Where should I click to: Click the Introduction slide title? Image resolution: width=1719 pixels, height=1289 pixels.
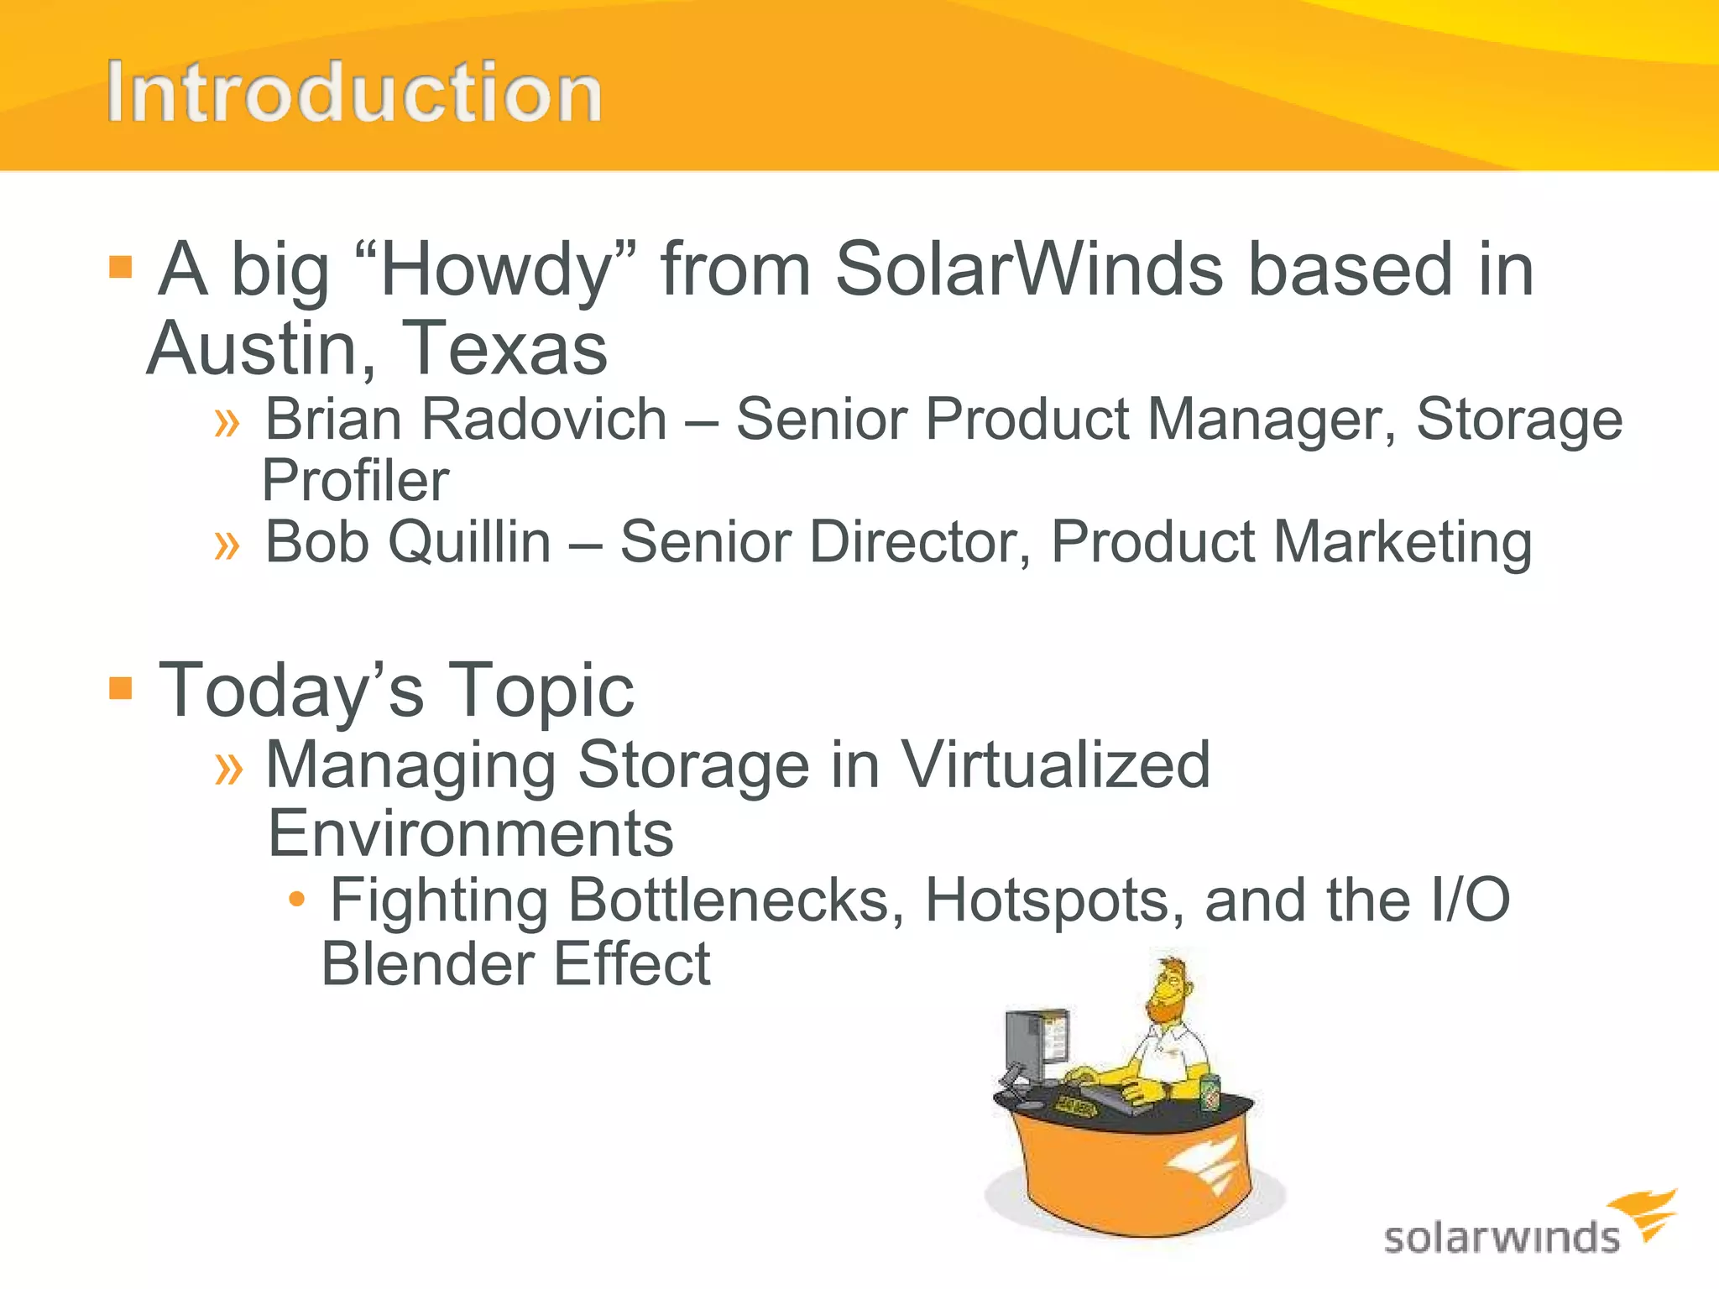pos(353,92)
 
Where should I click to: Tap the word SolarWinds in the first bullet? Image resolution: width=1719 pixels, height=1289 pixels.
pos(1029,270)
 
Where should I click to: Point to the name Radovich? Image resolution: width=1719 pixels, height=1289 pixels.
pos(544,419)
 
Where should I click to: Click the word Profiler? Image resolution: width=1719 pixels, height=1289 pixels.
pos(355,481)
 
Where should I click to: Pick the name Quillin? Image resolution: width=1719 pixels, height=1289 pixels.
pos(469,542)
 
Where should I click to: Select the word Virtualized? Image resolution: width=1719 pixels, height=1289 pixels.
pos(1054,765)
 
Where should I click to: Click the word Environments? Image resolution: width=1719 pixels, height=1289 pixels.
pos(470,834)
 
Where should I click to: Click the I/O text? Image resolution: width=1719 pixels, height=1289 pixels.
pos(1468,900)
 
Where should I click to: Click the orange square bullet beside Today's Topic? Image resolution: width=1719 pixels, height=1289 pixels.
pos(121,688)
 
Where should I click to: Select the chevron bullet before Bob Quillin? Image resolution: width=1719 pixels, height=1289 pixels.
pos(227,545)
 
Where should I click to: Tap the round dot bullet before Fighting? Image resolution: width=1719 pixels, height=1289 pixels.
pos(295,900)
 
